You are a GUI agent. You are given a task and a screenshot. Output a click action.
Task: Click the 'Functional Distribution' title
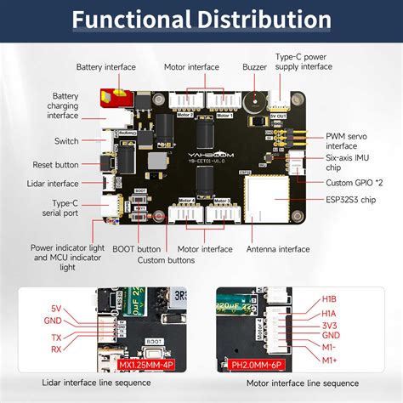[x=201, y=18]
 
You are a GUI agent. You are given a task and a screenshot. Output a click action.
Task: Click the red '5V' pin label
[x=56, y=307]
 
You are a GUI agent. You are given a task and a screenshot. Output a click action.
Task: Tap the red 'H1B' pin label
[x=327, y=298]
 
